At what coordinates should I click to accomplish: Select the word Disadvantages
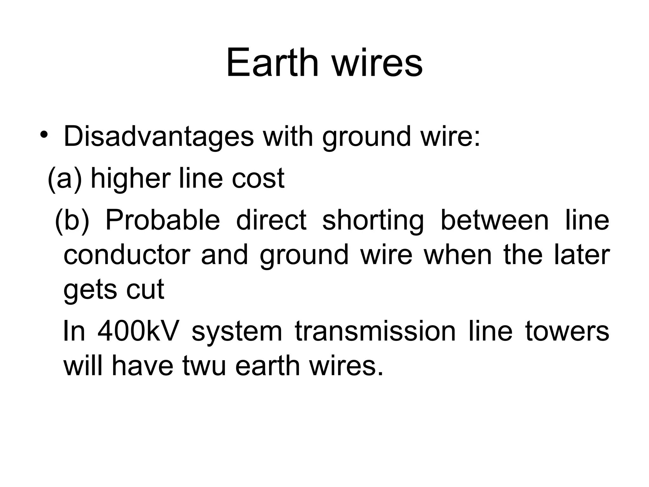pos(159,137)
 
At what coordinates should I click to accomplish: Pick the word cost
pos(258,178)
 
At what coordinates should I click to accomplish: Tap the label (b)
pos(72,220)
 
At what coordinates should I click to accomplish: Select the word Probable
pos(162,220)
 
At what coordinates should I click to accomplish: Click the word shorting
pos(373,220)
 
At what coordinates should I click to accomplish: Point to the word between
pos(494,220)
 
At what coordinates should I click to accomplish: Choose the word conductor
pos(127,255)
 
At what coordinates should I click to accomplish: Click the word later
pos(582,255)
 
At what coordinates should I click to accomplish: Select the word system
pos(237,331)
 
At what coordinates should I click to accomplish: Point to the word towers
pos(567,331)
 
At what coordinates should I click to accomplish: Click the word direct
pos(271,220)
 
